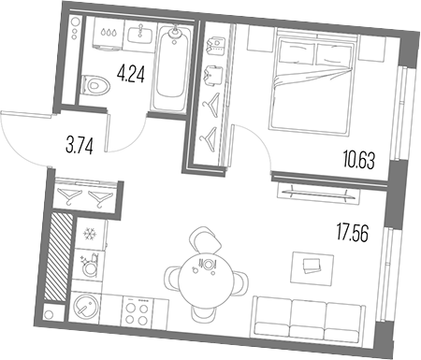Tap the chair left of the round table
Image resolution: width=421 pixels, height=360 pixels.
pyautogui.click(x=176, y=277)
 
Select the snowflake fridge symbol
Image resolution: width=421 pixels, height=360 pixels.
pyautogui.click(x=92, y=233)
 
